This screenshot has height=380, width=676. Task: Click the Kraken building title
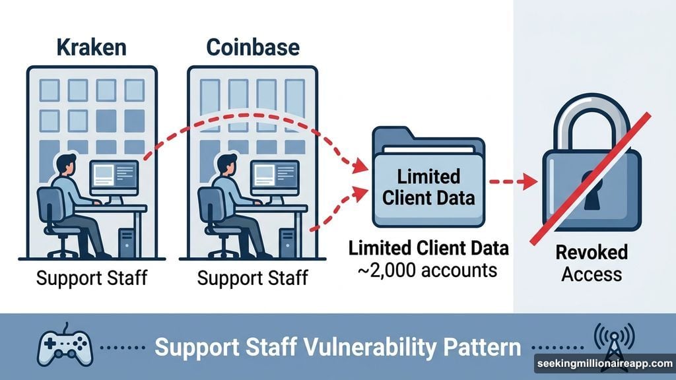pyautogui.click(x=92, y=48)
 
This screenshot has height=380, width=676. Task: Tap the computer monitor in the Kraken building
pyautogui.click(x=113, y=177)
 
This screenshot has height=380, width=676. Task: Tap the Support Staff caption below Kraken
pyautogui.click(x=91, y=277)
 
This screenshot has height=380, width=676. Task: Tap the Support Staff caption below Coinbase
pyautogui.click(x=252, y=277)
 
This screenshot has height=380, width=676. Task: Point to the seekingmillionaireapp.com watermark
pyautogui.click(x=603, y=364)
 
